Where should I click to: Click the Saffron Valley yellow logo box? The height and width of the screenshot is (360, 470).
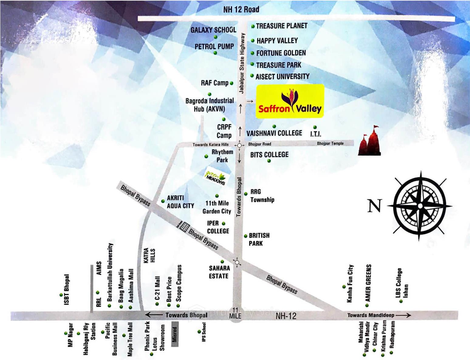click(290, 101)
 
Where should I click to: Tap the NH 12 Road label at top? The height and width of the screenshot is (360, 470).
click(241, 9)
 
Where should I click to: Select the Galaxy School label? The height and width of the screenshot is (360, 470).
click(213, 30)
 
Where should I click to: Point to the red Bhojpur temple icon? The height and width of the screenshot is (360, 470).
click(370, 141)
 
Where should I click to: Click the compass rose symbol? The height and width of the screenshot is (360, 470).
click(420, 206)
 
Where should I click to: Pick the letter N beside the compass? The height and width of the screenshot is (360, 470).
click(374, 206)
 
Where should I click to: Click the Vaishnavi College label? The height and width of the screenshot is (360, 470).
click(274, 133)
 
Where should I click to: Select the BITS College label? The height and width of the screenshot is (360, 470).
click(269, 154)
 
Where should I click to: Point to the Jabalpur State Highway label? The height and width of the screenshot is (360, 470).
click(242, 63)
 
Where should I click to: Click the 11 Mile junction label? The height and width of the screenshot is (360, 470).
click(235, 313)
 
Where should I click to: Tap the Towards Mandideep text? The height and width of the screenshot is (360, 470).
click(371, 315)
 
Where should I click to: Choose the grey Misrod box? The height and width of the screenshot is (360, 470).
click(174, 334)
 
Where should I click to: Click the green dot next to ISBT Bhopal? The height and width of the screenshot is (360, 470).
click(61, 295)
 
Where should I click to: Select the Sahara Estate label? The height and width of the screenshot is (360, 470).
click(219, 272)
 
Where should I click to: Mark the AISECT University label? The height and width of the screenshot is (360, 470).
click(282, 77)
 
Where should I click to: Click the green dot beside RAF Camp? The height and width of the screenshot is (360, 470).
click(232, 83)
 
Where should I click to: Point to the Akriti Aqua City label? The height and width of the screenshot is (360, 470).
click(180, 202)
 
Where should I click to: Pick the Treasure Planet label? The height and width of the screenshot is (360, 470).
click(282, 26)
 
